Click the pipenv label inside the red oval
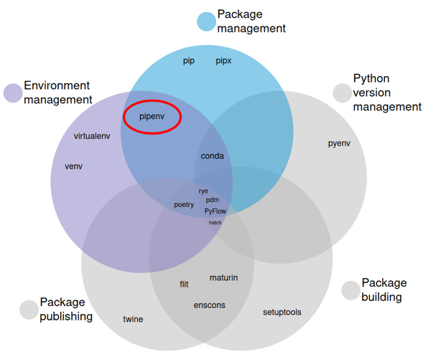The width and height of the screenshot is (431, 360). tap(152, 116)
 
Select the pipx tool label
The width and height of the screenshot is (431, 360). tap(223, 61)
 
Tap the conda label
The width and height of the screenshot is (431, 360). tap(212, 156)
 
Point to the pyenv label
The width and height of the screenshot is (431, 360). tap(339, 143)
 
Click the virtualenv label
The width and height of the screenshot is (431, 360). tap(92, 136)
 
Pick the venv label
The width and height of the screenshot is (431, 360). tap(74, 166)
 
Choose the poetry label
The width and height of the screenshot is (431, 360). tap(184, 205)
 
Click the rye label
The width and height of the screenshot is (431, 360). tap(203, 191)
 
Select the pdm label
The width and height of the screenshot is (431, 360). tap(212, 200)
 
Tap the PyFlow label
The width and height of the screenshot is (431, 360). tap(215, 211)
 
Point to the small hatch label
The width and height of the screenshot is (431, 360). tap(215, 223)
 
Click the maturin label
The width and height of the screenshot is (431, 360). tap(223, 277)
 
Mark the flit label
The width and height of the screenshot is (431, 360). tap(184, 285)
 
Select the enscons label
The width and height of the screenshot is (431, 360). tap(209, 305)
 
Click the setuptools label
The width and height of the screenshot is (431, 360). tap(282, 312)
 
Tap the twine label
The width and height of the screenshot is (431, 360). tap(133, 319)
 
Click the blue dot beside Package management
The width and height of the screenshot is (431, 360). tap(207, 22)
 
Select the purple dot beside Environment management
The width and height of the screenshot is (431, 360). tap(13, 93)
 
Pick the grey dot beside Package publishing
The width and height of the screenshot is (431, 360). tap(29, 310)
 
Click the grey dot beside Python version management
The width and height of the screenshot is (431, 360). tap(342, 93)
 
